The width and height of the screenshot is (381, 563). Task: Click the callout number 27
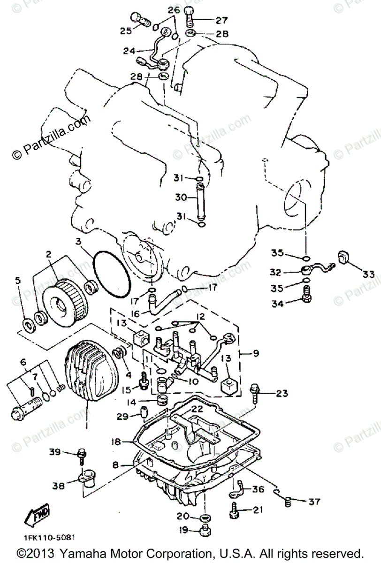221,20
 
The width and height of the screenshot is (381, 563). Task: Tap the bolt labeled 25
140,19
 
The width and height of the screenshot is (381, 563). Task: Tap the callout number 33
368,274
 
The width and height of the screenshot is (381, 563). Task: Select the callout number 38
58,487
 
